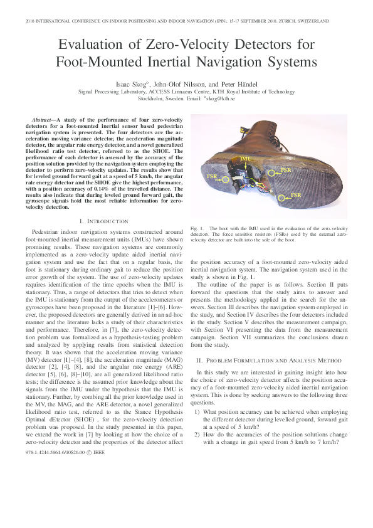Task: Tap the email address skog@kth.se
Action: pos(219,98)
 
